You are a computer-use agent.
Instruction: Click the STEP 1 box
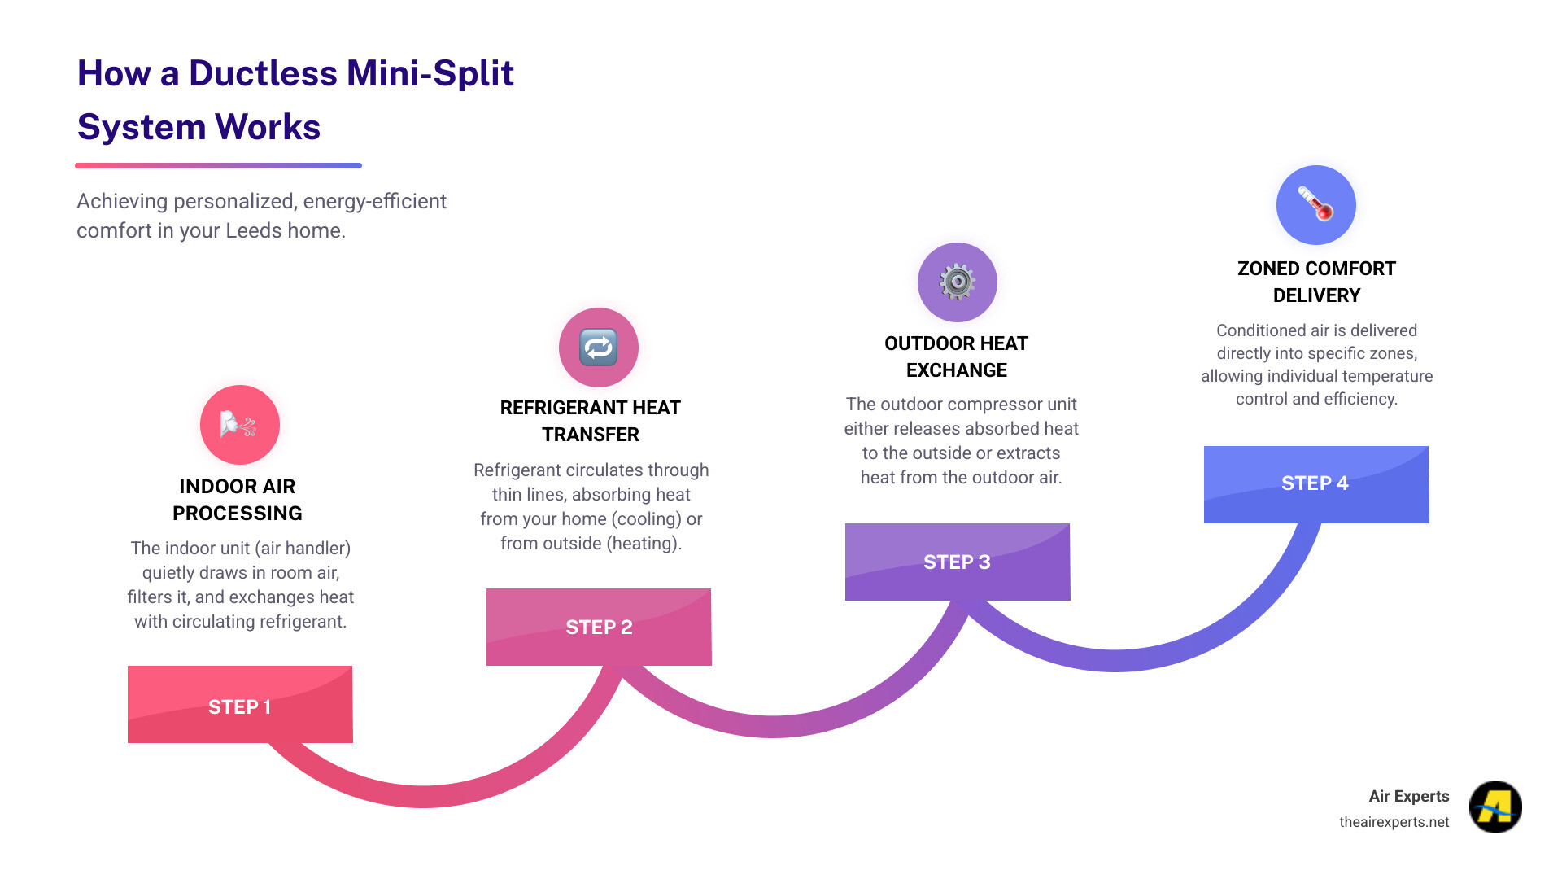point(240,705)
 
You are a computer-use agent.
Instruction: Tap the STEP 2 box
point(599,627)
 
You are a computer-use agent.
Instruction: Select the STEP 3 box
point(958,562)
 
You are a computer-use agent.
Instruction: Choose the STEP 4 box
point(1316,484)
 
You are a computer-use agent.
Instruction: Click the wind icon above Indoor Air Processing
point(240,425)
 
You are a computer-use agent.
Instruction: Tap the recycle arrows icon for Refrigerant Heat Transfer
point(599,348)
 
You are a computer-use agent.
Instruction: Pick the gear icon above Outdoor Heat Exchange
point(958,282)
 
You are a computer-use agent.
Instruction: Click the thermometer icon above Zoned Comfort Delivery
point(1316,205)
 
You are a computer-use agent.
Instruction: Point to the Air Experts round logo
point(1495,807)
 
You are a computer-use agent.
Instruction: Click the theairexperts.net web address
point(1394,822)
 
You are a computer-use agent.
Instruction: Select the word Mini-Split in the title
point(432,73)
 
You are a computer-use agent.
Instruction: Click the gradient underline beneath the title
point(218,165)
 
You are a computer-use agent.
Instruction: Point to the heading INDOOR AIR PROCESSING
point(238,500)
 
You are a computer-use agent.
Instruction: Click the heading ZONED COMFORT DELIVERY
point(1316,282)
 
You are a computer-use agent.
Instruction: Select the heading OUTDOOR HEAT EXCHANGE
point(957,356)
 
